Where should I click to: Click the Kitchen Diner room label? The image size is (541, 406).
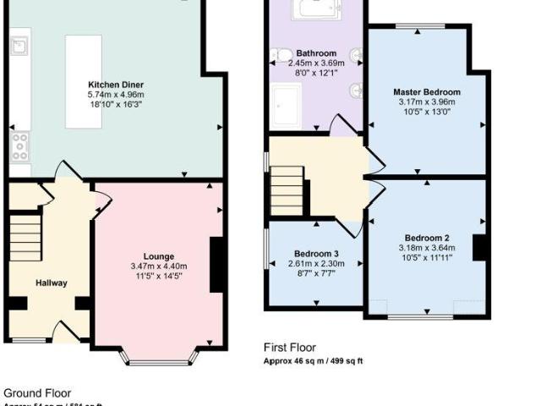pos(116,85)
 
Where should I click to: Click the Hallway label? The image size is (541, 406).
pos(52,283)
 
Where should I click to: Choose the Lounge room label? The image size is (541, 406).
pos(159,256)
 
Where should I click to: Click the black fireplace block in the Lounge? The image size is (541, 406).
pos(217,266)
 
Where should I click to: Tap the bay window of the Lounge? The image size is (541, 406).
pos(158,356)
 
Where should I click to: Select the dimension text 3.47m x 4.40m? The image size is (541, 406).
pos(159,266)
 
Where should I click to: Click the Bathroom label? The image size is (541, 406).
pos(316,53)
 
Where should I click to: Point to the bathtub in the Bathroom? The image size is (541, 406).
pos(316,9)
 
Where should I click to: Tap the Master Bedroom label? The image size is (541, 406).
pos(427,91)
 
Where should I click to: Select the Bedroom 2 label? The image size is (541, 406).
pos(426,238)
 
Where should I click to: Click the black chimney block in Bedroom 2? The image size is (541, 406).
pos(480,247)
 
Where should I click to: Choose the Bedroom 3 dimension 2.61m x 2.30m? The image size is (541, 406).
pos(316,264)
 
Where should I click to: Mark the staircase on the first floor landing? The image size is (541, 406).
pos(287,189)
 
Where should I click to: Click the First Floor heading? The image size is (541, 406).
pos(290,347)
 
